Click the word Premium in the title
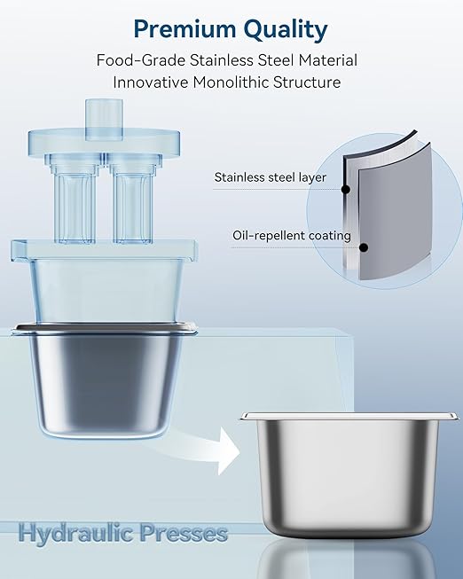185,28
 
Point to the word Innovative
151,82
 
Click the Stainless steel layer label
271,177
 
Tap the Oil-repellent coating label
292,236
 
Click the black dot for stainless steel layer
346,190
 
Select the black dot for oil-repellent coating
364,247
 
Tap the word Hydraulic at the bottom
76,534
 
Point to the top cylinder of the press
104,120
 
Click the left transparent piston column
75,201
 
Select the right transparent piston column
133,201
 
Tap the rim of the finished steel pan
349,416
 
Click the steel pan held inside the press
104,380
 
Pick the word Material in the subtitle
328,60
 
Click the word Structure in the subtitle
307,82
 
